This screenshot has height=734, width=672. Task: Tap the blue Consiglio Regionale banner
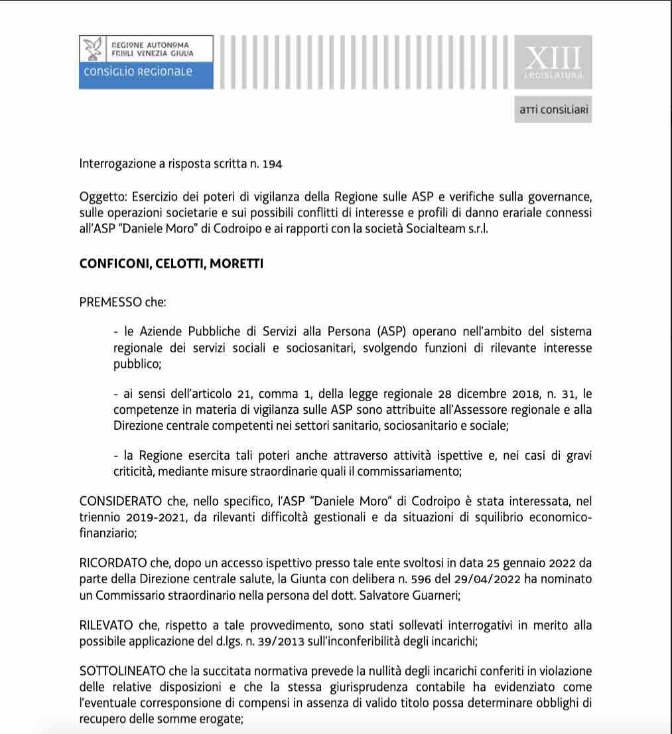tap(146, 72)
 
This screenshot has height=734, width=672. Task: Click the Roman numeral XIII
tap(554, 59)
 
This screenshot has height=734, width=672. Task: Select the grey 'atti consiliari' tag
tap(553, 110)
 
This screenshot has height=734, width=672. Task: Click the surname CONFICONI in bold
tap(115, 264)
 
